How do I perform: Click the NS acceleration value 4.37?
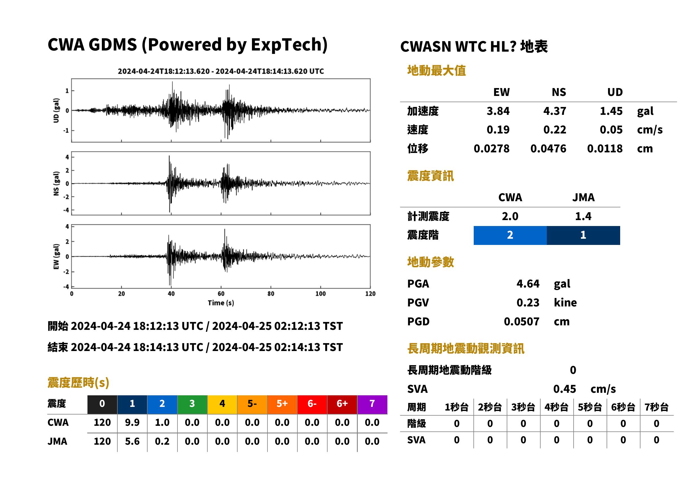coord(554,111)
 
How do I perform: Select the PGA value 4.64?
coord(528,284)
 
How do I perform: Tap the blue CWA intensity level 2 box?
coord(510,235)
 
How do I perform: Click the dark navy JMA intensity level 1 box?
coord(583,235)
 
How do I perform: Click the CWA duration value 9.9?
coord(132,422)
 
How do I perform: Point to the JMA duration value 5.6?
coord(132,441)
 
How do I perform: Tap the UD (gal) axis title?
coord(56,111)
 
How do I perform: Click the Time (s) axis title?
coord(221,303)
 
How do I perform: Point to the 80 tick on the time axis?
coord(271,294)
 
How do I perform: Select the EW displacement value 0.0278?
coord(491,148)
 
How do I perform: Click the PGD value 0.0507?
coord(521,321)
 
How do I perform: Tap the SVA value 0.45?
coord(565,389)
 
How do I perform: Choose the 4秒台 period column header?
coord(556,407)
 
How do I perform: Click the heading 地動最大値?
coord(436,71)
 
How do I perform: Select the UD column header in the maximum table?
coord(615,92)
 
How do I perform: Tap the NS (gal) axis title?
coord(56,183)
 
